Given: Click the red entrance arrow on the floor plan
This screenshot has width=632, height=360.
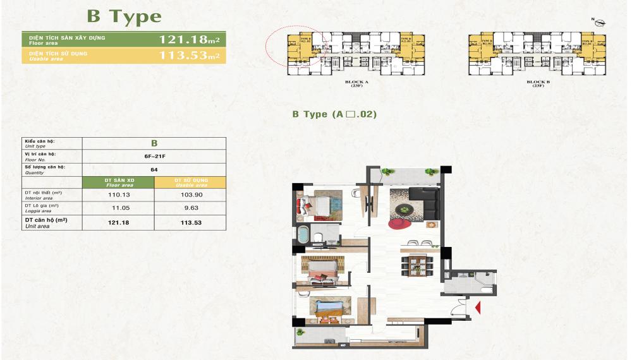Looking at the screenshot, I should pos(478,308).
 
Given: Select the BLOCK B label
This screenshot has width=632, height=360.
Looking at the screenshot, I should pos(537,83).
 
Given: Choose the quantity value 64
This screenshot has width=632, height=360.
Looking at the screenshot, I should pos(155,169).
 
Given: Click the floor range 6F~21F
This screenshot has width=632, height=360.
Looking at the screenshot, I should pos(155,156).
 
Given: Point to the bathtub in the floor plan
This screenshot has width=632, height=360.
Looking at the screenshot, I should pos(304,237).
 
